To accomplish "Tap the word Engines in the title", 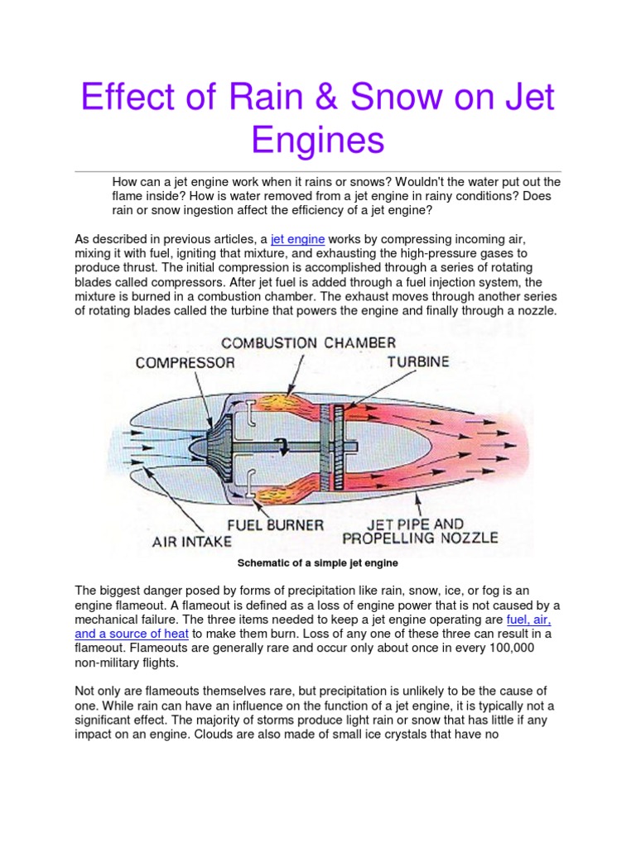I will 319,140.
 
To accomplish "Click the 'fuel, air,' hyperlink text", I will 528,619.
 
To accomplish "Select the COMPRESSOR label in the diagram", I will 185,362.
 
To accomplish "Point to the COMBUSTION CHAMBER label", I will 307,342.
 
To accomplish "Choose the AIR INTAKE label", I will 191,543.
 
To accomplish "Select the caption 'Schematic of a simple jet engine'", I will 318,563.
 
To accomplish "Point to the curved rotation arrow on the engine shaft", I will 284,446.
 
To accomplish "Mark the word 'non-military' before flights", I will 111,663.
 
